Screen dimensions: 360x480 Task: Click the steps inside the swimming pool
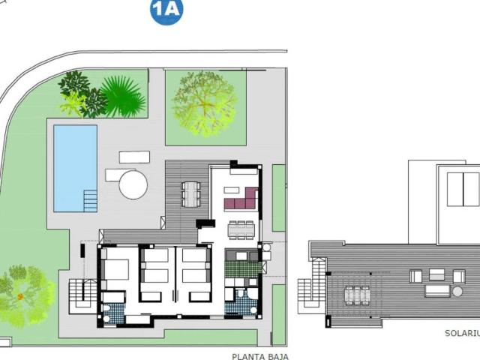point(90,200)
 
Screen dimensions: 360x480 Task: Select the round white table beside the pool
point(133,184)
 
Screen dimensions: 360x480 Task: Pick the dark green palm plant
point(121,96)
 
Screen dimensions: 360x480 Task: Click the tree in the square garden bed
point(204,103)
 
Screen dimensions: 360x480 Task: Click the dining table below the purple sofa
point(241,228)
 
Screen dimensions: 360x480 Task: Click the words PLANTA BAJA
point(260,357)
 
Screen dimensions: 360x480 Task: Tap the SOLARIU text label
point(459,331)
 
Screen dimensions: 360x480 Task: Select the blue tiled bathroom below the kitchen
point(244,301)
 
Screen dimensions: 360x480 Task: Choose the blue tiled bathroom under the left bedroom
point(113,310)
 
